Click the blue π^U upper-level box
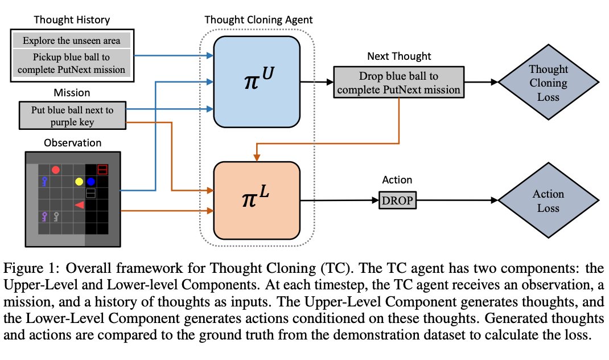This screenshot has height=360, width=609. coord(256,81)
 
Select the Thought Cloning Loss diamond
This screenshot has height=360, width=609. coord(549,83)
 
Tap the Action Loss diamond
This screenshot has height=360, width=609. coord(549,201)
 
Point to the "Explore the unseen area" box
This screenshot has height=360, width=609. coord(72,41)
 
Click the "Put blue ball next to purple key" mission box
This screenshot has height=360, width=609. coord(72,115)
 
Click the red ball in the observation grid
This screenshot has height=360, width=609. coord(56,169)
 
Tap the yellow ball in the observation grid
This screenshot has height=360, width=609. coord(79,182)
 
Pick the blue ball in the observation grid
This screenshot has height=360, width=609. coord(91,182)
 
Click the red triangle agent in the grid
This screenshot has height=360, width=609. coord(80,204)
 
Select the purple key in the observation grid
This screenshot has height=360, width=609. coord(44,216)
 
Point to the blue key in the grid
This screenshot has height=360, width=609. coord(44,181)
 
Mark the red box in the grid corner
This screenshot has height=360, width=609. coord(103,169)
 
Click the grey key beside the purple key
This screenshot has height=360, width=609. coord(56,216)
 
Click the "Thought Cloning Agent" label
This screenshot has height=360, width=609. coord(258,20)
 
